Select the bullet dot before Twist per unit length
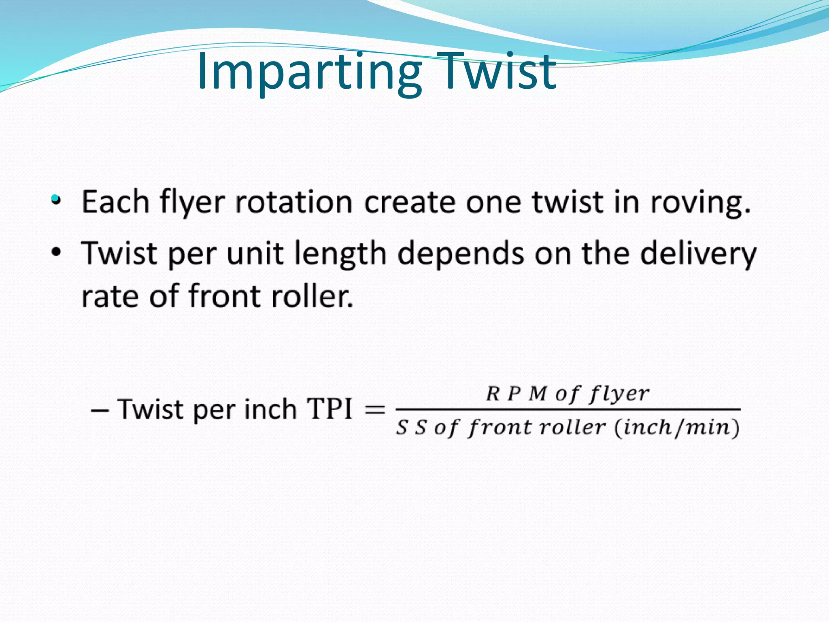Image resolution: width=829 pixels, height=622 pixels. [56, 252]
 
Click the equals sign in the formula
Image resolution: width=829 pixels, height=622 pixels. [375, 410]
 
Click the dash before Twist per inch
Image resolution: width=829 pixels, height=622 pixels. [100, 410]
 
